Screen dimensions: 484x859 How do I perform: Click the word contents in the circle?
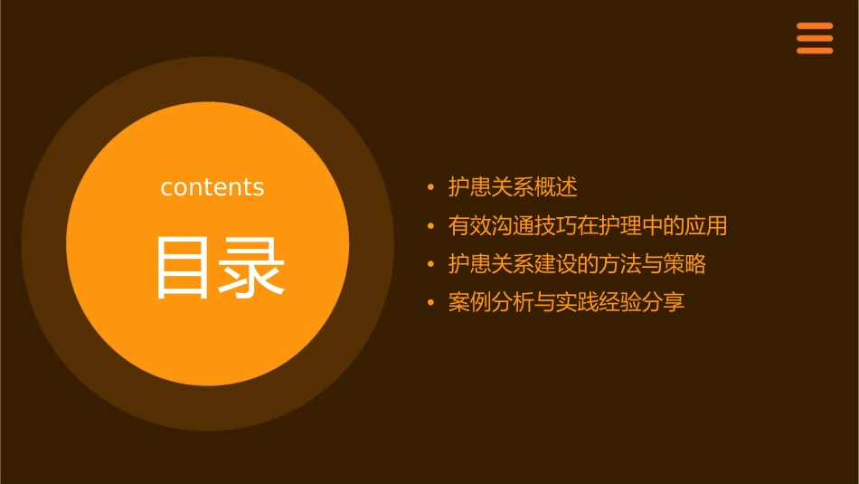(x=212, y=187)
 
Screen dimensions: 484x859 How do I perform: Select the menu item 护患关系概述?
(x=513, y=187)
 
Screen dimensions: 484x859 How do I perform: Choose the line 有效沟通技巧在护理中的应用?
(x=588, y=225)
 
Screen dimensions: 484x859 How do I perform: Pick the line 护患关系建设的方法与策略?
(x=577, y=264)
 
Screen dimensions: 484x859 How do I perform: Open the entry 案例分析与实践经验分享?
(x=567, y=302)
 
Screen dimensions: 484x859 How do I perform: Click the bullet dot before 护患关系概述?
(x=431, y=188)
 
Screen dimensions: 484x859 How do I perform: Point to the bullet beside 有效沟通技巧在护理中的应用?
(x=431, y=226)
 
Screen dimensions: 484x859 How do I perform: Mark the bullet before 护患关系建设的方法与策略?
(x=431, y=265)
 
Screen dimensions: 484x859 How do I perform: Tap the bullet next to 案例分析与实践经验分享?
(x=431, y=303)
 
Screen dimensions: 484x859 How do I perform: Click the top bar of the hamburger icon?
(x=815, y=26)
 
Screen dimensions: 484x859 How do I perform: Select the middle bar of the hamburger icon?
(x=815, y=38)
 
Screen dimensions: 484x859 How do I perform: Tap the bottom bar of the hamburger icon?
(x=815, y=51)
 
